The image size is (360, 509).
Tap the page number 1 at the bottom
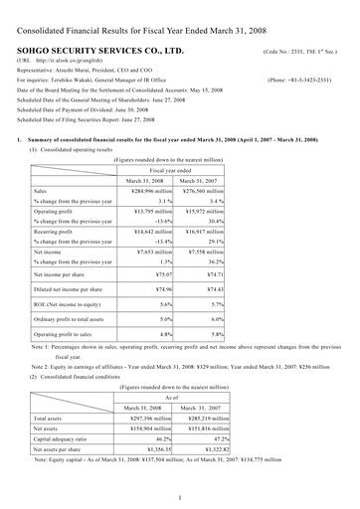[180, 496]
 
